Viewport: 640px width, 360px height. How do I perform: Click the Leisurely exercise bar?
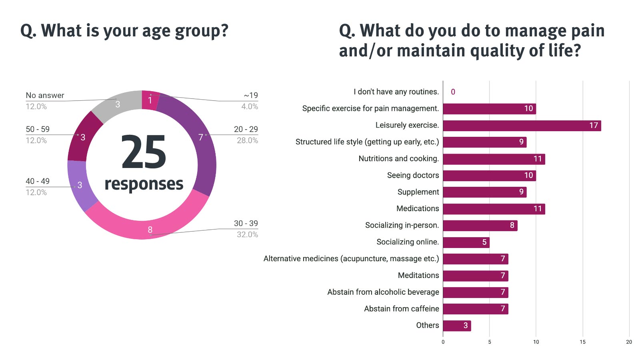click(x=522, y=126)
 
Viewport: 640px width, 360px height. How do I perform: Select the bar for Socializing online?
click(x=466, y=242)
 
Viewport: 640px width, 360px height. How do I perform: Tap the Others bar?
click(x=457, y=326)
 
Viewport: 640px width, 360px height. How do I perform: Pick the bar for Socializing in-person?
click(x=480, y=226)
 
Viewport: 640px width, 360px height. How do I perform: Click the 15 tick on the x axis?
click(x=582, y=342)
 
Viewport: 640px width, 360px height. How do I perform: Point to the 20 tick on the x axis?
click(x=629, y=342)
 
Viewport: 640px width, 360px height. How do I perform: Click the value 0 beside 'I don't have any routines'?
click(x=453, y=92)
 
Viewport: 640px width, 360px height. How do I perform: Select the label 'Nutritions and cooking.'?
click(x=398, y=159)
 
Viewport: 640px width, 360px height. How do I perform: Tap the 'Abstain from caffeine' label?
click(x=401, y=309)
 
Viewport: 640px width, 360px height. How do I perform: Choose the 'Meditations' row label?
click(x=418, y=276)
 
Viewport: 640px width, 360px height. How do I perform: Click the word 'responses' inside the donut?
click(x=144, y=184)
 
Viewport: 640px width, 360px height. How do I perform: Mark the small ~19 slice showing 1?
click(x=150, y=100)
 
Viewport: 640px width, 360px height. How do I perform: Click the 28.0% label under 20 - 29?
click(x=247, y=140)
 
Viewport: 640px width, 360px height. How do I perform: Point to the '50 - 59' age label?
click(x=38, y=129)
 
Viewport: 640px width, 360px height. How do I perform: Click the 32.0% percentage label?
click(x=247, y=234)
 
